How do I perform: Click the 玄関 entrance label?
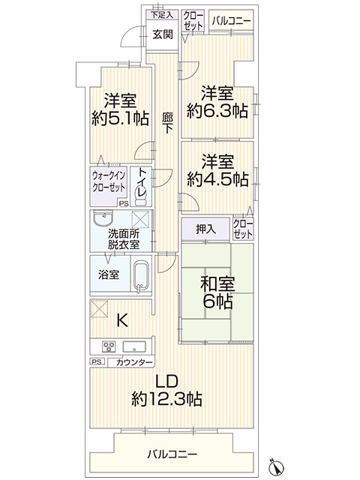[163, 34]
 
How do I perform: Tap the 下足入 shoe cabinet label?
[162, 14]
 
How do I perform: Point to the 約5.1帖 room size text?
[120, 118]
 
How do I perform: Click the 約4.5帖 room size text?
[217, 179]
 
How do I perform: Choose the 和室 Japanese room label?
[217, 283]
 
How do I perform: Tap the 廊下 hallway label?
[167, 123]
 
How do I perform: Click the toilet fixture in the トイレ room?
[140, 197]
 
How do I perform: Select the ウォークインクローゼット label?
[109, 181]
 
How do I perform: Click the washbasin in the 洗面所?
[103, 219]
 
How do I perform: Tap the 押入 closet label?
[205, 229]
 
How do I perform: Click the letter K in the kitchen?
[122, 320]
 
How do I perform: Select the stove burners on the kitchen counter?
[109, 346]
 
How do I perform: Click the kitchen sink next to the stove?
[134, 346]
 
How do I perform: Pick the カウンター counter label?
[134, 362]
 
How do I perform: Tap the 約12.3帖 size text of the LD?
[166, 399]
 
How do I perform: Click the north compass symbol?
[276, 467]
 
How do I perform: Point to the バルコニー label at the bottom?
[172, 454]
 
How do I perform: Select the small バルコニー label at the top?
[231, 21]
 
